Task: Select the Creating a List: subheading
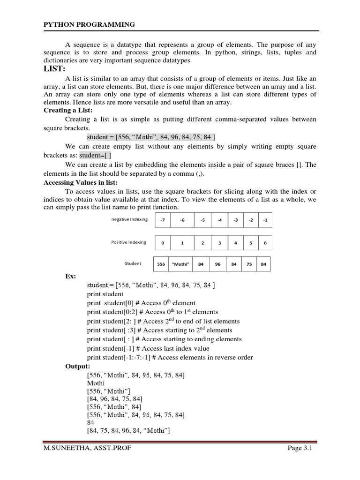click(x=68, y=110)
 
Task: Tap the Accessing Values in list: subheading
click(x=80, y=182)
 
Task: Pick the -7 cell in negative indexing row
click(x=162, y=220)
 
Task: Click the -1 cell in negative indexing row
click(x=265, y=220)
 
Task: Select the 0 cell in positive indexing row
click(x=162, y=243)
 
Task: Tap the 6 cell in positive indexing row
click(x=265, y=243)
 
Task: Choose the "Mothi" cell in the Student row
click(x=180, y=264)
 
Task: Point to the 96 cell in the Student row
click(x=217, y=264)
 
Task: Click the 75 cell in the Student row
click(x=249, y=264)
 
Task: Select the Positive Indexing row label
click(x=128, y=242)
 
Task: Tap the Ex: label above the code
click(x=70, y=276)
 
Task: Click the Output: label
click(x=78, y=366)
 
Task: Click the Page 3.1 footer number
click(x=300, y=449)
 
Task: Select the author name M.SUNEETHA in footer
click(x=64, y=449)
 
